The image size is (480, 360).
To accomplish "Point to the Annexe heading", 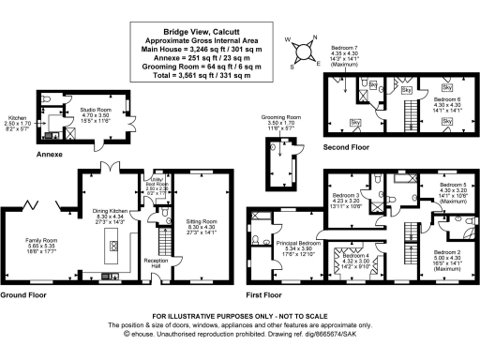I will pyautogui.click(x=49, y=153).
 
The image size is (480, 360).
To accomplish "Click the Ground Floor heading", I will pyautogui.click(x=23, y=295).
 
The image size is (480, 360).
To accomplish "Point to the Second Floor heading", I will pyautogui.click(x=346, y=146).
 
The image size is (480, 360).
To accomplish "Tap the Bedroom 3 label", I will pyautogui.click(x=348, y=198).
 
